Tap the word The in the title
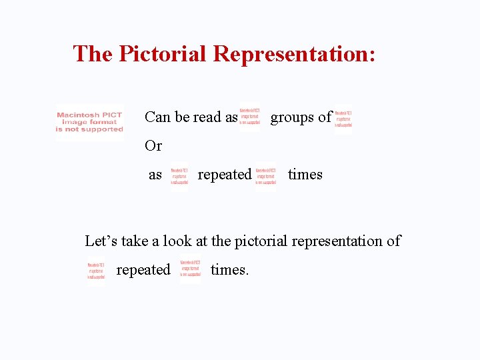(x=93, y=53)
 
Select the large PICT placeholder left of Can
(x=89, y=122)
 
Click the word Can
(x=157, y=117)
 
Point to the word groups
(x=292, y=117)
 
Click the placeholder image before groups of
(x=250, y=118)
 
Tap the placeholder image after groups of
(x=343, y=118)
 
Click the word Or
(x=153, y=145)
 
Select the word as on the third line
(x=155, y=175)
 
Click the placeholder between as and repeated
(x=179, y=175)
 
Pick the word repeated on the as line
(x=225, y=175)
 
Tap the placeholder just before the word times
(x=265, y=175)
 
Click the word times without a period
(x=305, y=175)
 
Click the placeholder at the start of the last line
(x=96, y=271)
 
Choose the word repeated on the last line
(x=143, y=270)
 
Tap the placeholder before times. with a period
(x=190, y=271)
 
